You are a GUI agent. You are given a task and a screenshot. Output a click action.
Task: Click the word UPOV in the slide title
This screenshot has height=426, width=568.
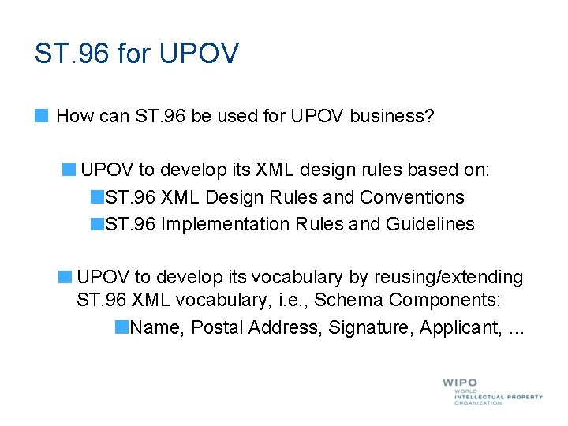(199, 54)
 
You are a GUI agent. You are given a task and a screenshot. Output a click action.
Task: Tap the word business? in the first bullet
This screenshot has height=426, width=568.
(392, 117)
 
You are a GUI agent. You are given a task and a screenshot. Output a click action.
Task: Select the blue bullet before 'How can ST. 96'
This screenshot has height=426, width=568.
(41, 116)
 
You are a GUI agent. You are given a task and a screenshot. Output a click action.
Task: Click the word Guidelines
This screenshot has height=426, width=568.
(430, 224)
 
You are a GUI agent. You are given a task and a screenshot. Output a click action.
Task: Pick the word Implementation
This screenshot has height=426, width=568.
(226, 224)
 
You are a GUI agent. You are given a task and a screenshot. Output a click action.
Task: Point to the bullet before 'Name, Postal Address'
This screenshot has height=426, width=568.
(121, 327)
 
